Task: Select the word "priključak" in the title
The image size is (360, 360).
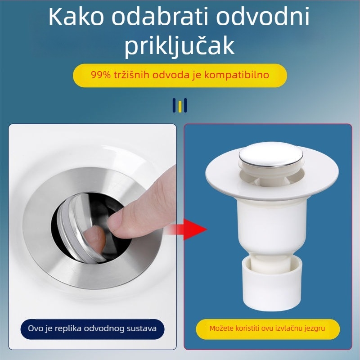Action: (x=180, y=46)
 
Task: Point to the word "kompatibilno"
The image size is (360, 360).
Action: (x=237, y=75)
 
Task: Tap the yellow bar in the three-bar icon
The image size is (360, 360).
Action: (x=180, y=106)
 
